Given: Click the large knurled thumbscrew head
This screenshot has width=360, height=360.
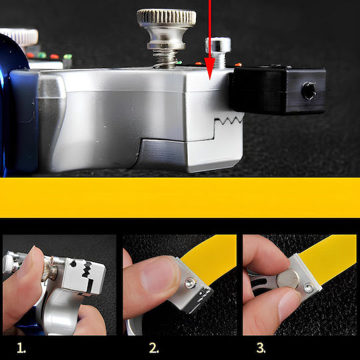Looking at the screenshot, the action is pos(167,18).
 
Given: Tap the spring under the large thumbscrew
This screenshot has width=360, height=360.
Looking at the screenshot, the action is pos(166,59).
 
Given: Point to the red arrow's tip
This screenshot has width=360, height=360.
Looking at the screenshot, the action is pos(209,80).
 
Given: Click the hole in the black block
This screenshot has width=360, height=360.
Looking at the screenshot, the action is pos(309,91).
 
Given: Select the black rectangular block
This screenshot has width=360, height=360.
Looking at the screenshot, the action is pos(278,90).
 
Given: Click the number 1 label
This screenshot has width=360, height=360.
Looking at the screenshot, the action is pos(21,348).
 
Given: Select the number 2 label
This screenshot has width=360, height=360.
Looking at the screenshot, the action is pos(154,348).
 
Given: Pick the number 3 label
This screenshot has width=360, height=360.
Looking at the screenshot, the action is pos(261,348).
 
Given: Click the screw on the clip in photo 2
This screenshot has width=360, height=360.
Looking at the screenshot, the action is pos(191,283).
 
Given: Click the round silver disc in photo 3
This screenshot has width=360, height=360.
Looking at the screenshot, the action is pos(288,279).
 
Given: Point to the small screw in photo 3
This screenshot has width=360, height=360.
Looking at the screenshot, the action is pos(309,288).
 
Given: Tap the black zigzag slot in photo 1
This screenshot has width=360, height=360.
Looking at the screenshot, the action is pos(87,269).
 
